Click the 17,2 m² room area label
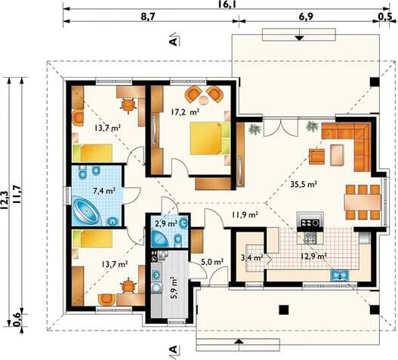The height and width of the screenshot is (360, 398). tap(184, 112)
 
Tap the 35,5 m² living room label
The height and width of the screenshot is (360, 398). tap(304, 184)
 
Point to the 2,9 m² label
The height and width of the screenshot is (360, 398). tap(166, 223)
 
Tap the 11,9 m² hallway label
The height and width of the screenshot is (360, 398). tap(245, 214)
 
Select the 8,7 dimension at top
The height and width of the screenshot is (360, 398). tap(148, 17)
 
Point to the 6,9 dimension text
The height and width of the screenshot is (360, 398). tap(306, 17)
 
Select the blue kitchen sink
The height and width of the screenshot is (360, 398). tap(340, 275)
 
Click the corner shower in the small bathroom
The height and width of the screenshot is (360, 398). tap(159, 240)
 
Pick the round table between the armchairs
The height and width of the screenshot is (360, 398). tap(204, 100)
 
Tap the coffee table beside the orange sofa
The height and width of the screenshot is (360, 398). tap(338, 155)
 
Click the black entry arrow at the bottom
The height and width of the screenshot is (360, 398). tap(238, 341)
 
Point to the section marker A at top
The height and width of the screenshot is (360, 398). tap(174, 41)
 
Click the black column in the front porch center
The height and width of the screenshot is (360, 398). tap(284, 309)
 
